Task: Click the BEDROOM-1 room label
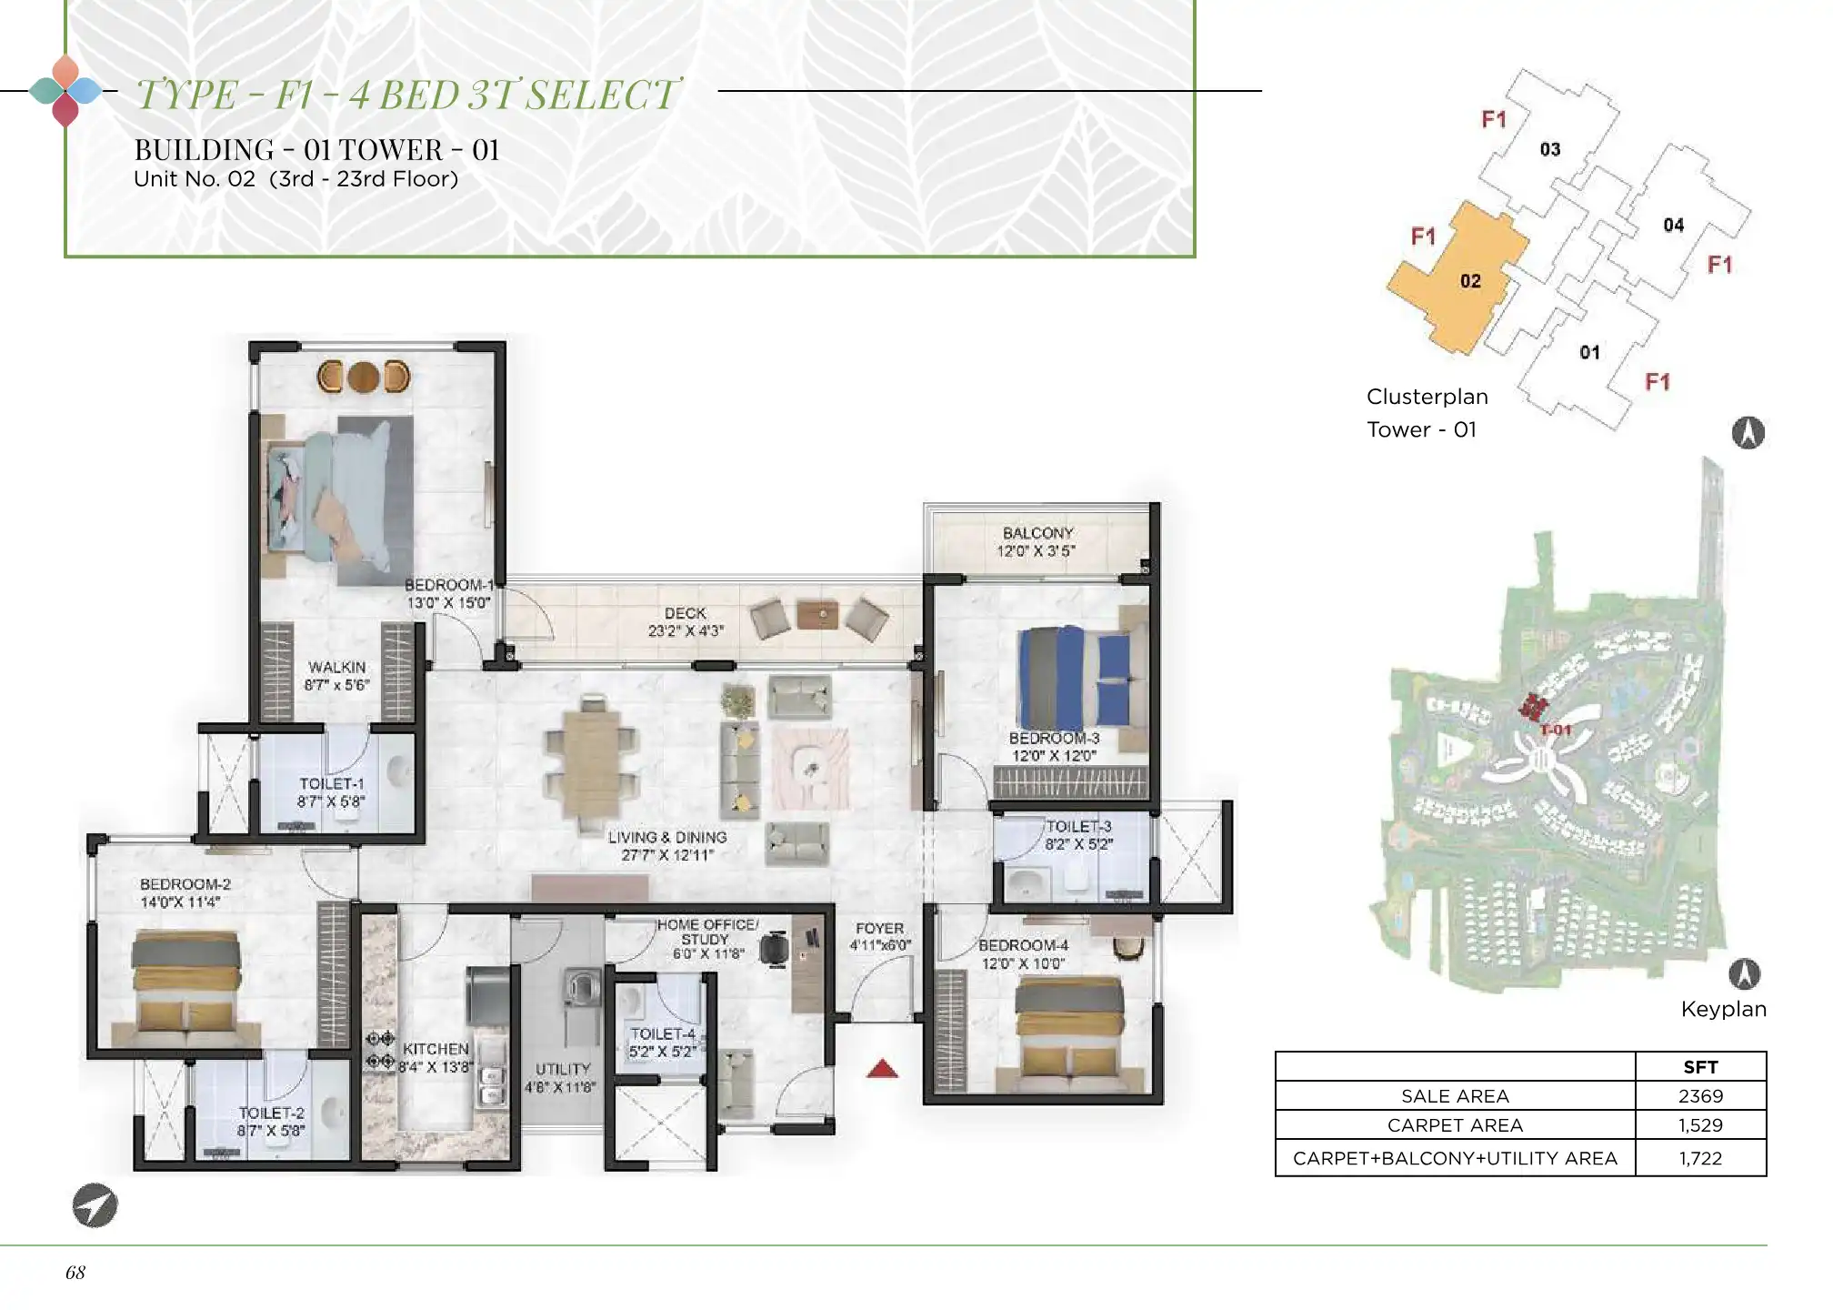(x=449, y=585)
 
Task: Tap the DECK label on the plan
(x=685, y=613)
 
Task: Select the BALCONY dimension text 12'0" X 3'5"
(x=1036, y=551)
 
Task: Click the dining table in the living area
(x=591, y=761)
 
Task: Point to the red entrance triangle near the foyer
(x=882, y=1069)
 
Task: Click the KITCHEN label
(x=436, y=1049)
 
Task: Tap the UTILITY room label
(x=563, y=1069)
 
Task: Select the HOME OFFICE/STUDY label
(x=706, y=932)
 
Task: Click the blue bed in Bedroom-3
(x=1073, y=677)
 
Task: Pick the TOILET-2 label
(x=271, y=1113)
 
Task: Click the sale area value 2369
(x=1700, y=1096)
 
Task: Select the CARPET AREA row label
(x=1455, y=1125)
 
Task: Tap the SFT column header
(x=1700, y=1067)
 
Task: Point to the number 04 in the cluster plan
(x=1674, y=225)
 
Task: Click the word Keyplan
(x=1723, y=1009)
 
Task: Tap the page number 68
(x=75, y=1273)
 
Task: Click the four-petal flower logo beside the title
(x=65, y=91)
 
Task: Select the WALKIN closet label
(x=336, y=667)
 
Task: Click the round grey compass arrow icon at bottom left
(x=95, y=1205)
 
